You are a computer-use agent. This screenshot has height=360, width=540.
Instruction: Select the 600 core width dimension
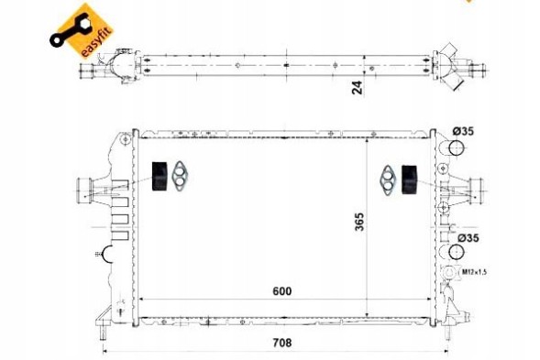(282, 291)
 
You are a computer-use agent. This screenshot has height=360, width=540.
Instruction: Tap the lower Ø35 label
(468, 238)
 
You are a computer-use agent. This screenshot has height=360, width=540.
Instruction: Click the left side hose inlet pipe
(83, 190)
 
